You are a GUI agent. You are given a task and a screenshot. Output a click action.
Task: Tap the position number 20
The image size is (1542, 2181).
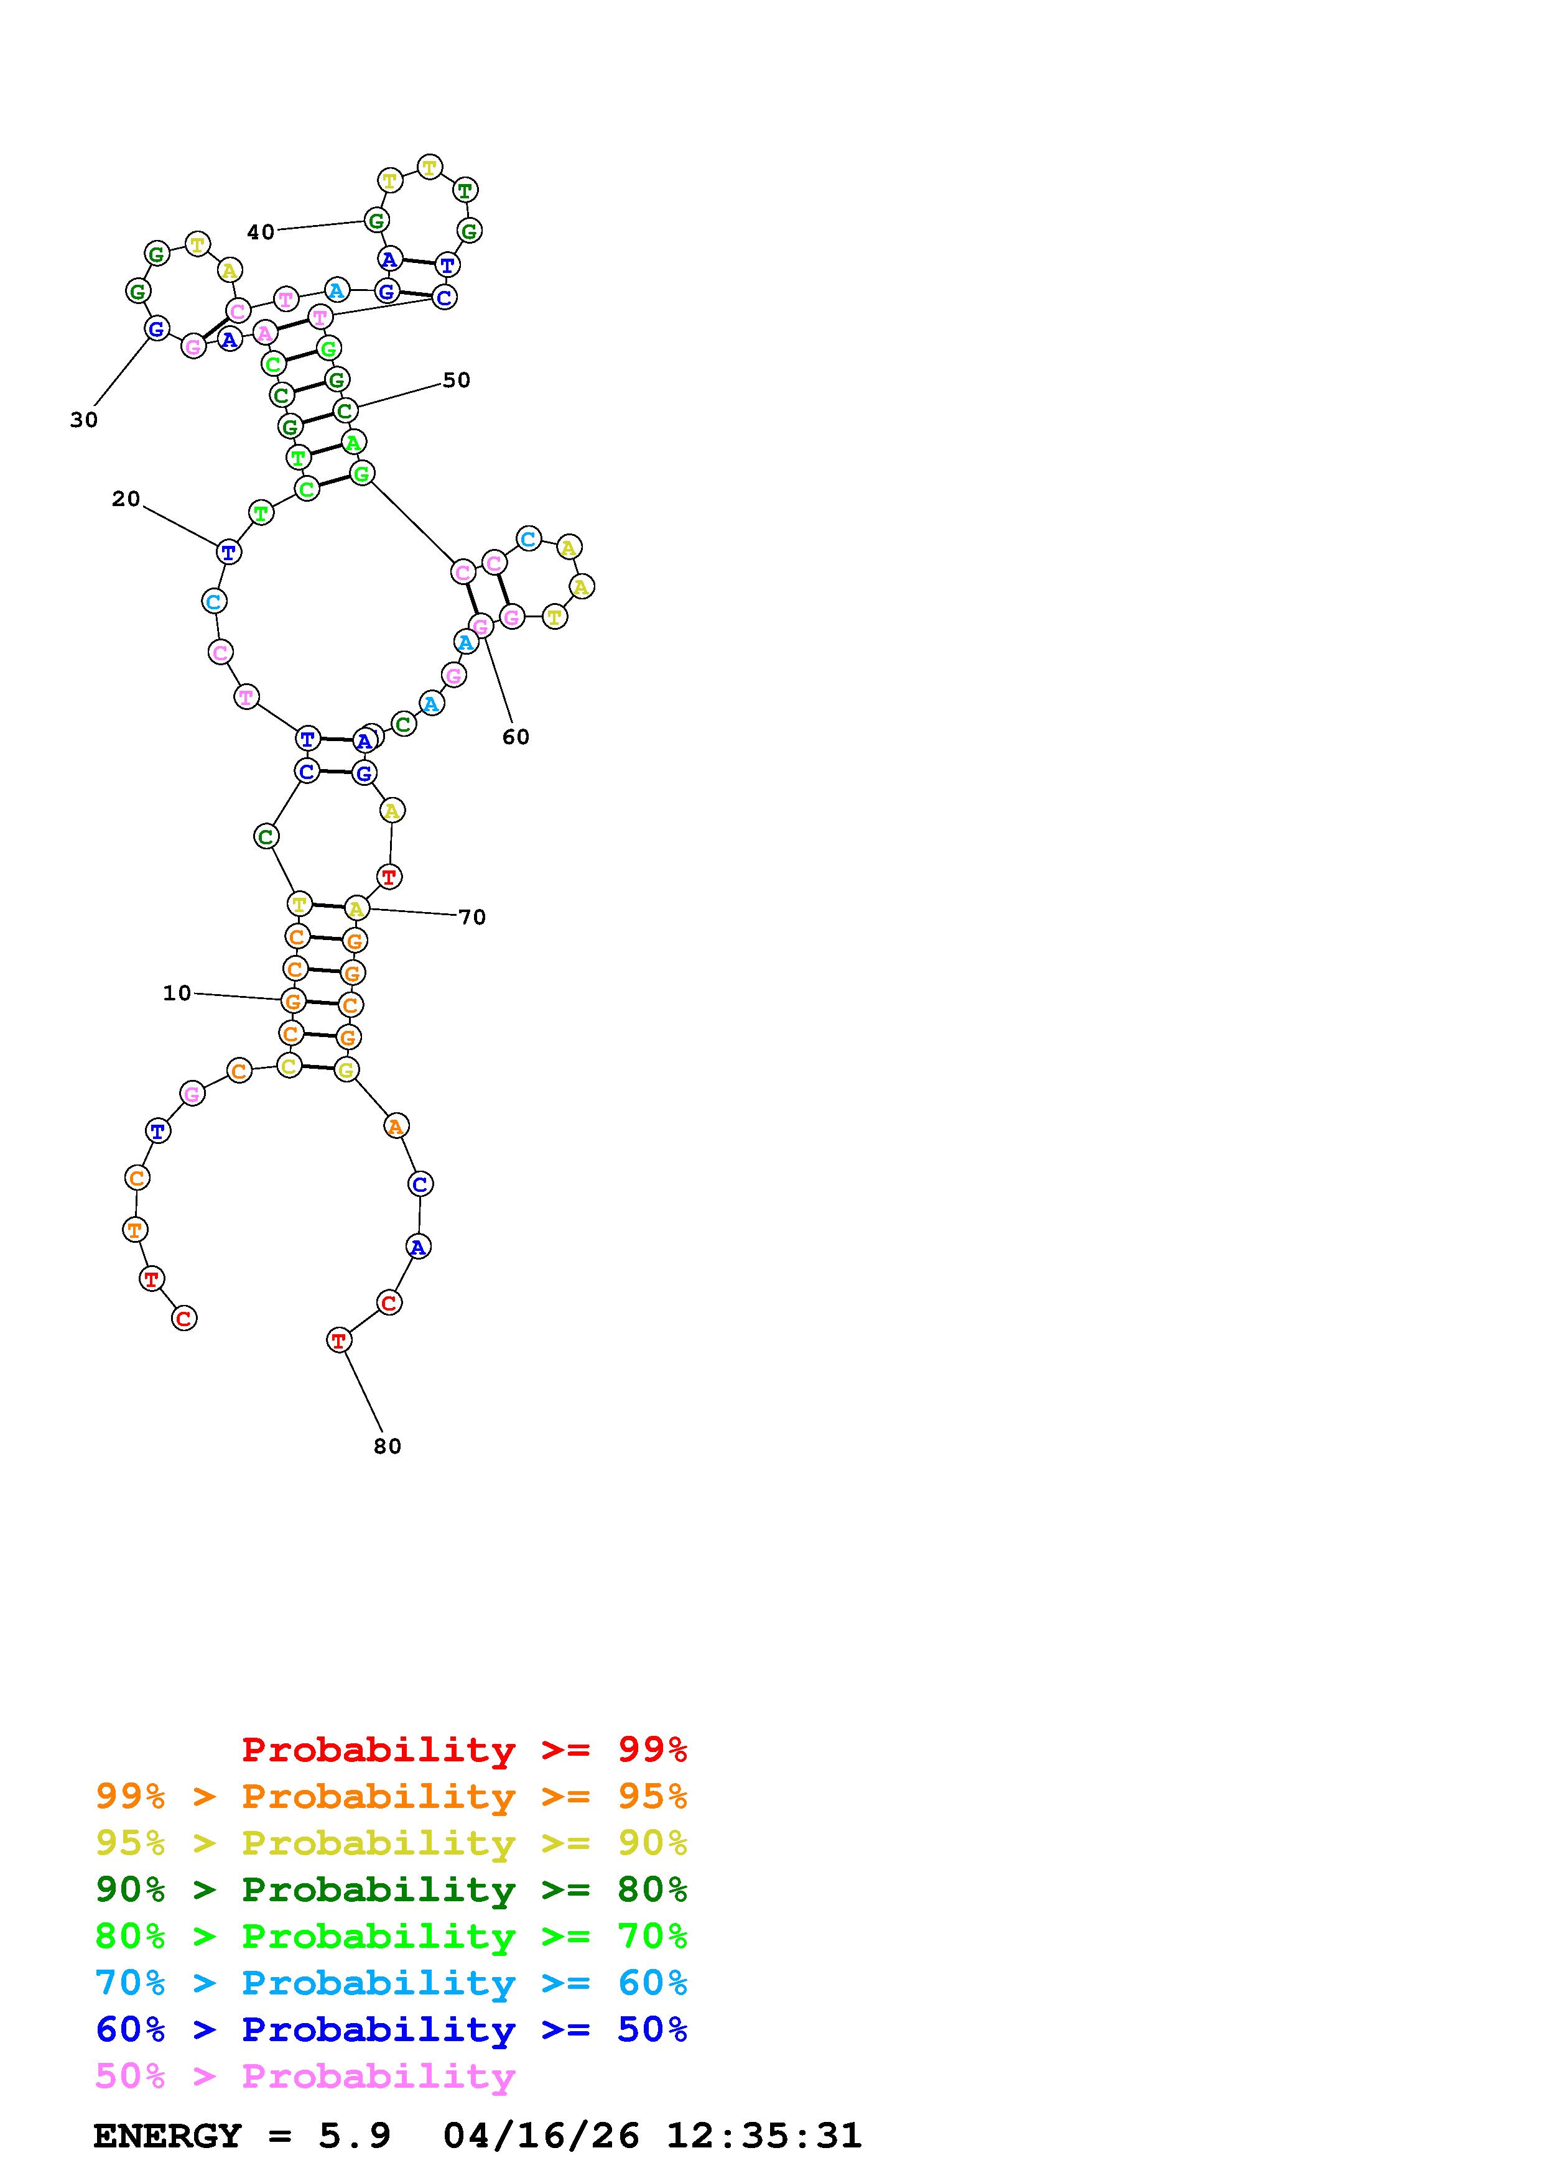[126, 500]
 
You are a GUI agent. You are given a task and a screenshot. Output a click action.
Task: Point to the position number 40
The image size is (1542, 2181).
[261, 232]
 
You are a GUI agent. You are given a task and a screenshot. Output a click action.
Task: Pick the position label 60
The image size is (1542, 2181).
[515, 737]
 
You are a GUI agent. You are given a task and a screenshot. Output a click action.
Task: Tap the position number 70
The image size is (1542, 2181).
[472, 918]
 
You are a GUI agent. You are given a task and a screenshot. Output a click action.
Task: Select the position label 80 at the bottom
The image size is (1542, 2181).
[387, 1447]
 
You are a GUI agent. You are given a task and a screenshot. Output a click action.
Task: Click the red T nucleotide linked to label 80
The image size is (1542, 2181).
[338, 1340]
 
